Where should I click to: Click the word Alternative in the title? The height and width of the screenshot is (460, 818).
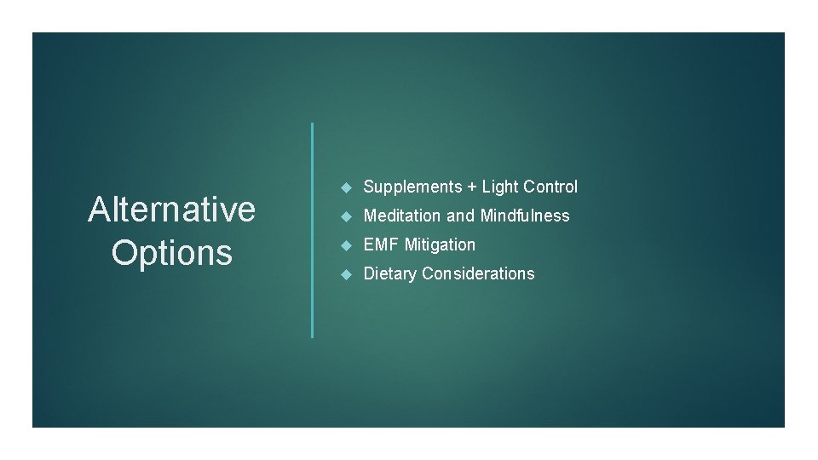click(171, 209)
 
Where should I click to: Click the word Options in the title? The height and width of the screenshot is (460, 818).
click(171, 252)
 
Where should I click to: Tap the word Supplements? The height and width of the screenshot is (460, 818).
click(412, 187)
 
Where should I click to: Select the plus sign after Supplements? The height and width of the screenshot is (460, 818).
click(471, 187)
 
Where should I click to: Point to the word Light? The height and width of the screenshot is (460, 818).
click(500, 187)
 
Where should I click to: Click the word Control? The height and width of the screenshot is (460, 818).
click(550, 187)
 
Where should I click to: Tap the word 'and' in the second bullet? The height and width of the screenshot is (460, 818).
click(460, 216)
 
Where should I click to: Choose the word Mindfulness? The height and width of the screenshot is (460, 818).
click(525, 216)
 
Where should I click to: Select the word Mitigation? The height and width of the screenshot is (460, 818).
click(441, 245)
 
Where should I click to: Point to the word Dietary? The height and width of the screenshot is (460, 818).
click(390, 273)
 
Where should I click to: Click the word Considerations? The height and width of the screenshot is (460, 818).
click(478, 273)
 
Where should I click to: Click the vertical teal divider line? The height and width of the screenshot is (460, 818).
click(313, 230)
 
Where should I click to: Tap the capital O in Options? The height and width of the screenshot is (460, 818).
click(125, 252)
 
